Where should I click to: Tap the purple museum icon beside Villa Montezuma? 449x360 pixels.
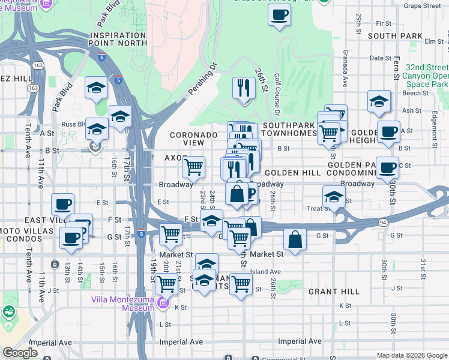pyautogui.click(x=162, y=305)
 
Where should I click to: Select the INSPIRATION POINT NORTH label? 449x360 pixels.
pyautogui.click(x=117, y=40)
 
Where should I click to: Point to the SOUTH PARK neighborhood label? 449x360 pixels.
pyautogui.click(x=395, y=36)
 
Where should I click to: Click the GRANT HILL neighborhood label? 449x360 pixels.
pyautogui.click(x=334, y=292)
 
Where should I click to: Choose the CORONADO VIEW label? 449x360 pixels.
pyautogui.click(x=193, y=140)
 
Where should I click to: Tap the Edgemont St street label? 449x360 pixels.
pyautogui.click(x=433, y=128)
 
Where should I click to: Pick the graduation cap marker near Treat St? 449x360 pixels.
pyautogui.click(x=334, y=196)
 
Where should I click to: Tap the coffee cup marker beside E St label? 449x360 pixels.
pyautogui.click(x=62, y=204)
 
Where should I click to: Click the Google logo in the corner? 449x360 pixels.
pyautogui.click(x=20, y=353)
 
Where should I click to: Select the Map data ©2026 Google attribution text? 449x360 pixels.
pyautogui.click(x=411, y=355)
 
